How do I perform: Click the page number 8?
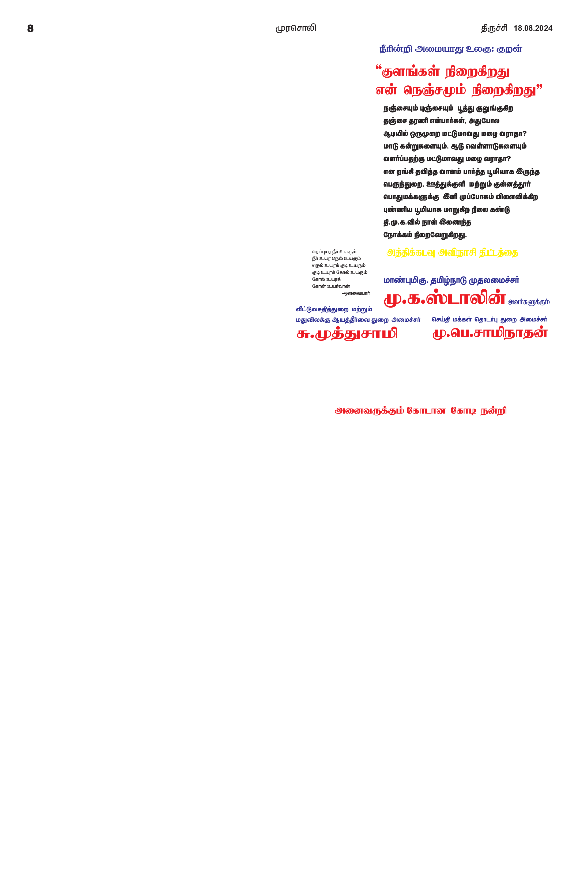pos(31,29)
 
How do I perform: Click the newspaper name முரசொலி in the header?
pos(295,28)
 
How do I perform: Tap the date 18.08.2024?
pos(533,28)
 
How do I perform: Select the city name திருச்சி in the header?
pos(494,28)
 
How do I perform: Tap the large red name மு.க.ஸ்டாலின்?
pos(445,298)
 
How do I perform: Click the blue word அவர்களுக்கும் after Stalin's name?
pos(528,302)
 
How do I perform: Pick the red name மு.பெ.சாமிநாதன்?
pos(490,333)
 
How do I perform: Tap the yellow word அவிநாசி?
pos(457,253)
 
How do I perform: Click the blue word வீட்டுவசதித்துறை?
pos(322,309)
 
